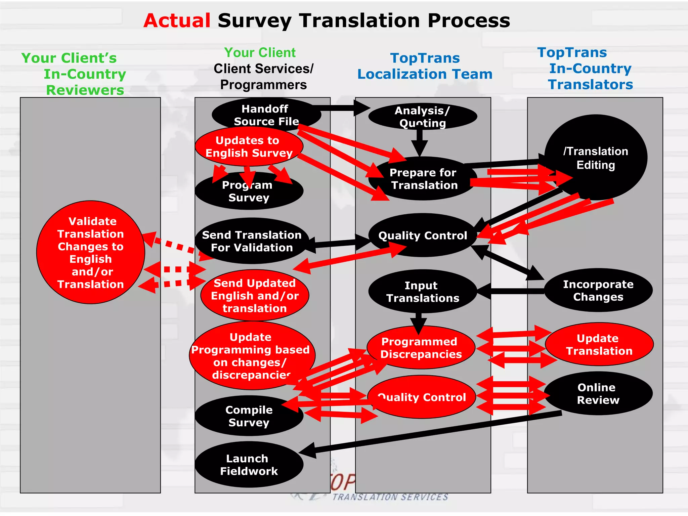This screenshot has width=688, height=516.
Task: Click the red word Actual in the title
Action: (177, 21)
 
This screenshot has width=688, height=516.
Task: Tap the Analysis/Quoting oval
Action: (422, 116)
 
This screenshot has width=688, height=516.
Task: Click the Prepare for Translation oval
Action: (423, 179)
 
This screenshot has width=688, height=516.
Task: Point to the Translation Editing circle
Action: (595, 157)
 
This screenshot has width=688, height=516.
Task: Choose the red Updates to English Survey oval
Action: (249, 146)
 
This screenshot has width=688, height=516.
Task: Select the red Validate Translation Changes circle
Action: (91, 253)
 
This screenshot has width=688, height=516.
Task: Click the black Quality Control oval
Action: (422, 235)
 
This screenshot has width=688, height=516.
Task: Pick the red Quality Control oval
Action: (422, 397)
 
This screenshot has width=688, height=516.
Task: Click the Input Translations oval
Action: (422, 292)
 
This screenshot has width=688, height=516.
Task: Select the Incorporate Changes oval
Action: (598, 291)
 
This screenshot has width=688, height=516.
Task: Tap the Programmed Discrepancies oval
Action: (421, 348)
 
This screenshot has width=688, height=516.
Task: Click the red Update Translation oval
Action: (599, 345)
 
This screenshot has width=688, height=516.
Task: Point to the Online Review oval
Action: (598, 394)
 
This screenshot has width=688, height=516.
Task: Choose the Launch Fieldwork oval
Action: (249, 465)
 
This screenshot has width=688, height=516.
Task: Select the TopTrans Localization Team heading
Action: (425, 66)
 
